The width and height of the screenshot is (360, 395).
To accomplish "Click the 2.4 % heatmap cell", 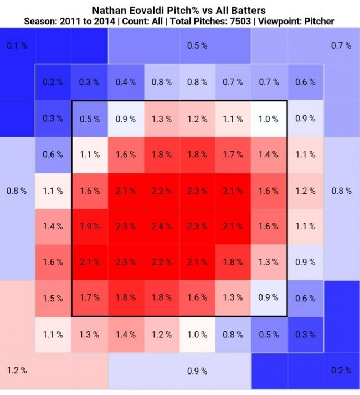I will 162,226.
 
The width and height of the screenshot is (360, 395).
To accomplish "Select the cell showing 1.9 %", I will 89,226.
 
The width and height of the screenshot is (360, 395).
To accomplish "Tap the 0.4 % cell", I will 125,82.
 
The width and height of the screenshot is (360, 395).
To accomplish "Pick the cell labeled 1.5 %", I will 53,298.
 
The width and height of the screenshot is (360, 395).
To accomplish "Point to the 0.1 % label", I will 17,45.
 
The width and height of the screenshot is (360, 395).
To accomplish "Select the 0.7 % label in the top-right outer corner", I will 341,45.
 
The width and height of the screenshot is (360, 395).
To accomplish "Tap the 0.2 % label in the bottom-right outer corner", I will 341,370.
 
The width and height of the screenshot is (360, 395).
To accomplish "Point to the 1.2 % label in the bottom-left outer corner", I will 17,370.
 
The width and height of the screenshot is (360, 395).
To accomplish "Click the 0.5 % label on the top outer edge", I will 197,45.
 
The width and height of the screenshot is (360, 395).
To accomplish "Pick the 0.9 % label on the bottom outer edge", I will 197,370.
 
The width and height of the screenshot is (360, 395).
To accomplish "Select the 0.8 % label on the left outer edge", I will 17,191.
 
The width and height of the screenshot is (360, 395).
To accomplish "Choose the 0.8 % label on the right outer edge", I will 341,191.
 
